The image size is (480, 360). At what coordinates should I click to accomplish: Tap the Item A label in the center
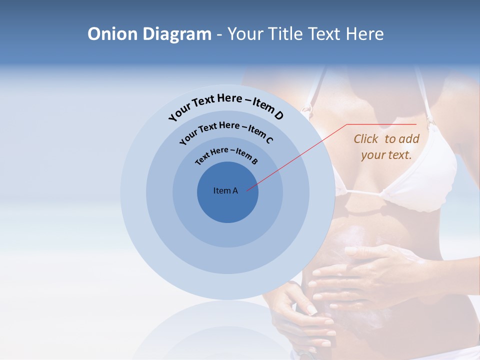click(x=225, y=190)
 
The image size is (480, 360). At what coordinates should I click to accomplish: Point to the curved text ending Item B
click(x=226, y=154)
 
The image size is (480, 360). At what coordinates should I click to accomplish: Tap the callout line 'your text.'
click(x=386, y=155)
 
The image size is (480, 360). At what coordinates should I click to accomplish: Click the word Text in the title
click(x=322, y=34)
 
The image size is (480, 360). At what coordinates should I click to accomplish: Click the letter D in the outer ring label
click(x=278, y=115)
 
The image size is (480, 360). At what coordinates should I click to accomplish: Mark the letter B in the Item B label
click(x=254, y=161)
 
